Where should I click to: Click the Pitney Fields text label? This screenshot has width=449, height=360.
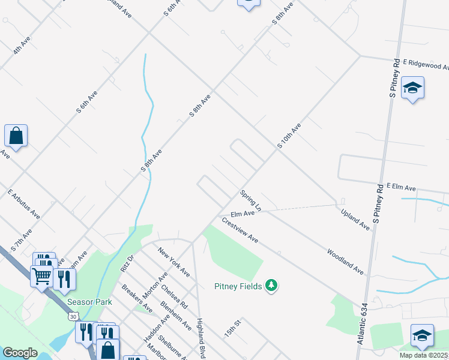238,286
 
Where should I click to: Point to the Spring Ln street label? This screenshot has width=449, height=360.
251,200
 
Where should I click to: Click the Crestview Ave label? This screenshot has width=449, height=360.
240,230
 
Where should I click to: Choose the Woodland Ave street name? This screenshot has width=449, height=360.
346,262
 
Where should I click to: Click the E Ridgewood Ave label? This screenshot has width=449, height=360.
426,64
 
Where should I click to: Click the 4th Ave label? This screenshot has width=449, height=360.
22,45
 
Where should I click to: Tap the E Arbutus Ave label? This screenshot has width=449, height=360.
24,205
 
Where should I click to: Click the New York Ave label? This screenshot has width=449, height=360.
174,262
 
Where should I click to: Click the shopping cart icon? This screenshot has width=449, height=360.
41,277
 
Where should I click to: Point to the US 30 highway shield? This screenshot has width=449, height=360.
73,316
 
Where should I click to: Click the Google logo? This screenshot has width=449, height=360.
20,353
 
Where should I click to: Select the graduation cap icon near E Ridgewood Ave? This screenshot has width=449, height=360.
412,88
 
